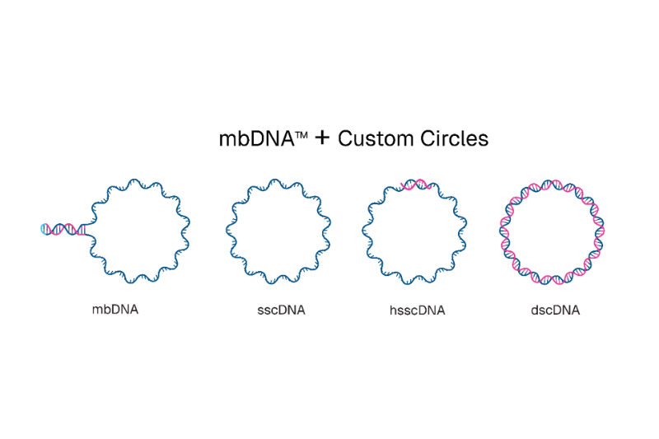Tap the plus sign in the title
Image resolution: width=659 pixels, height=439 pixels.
pos(322,138)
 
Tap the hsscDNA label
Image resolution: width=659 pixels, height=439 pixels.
pos(416,311)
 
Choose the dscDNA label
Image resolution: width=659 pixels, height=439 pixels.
pos(555,311)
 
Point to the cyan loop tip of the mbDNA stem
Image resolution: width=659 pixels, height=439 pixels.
pos(44,228)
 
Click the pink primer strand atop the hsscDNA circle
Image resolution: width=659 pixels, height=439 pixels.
pos(417,185)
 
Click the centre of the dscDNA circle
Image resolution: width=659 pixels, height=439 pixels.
pos(553,229)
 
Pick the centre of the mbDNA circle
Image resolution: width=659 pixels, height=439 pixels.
pos(140,229)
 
